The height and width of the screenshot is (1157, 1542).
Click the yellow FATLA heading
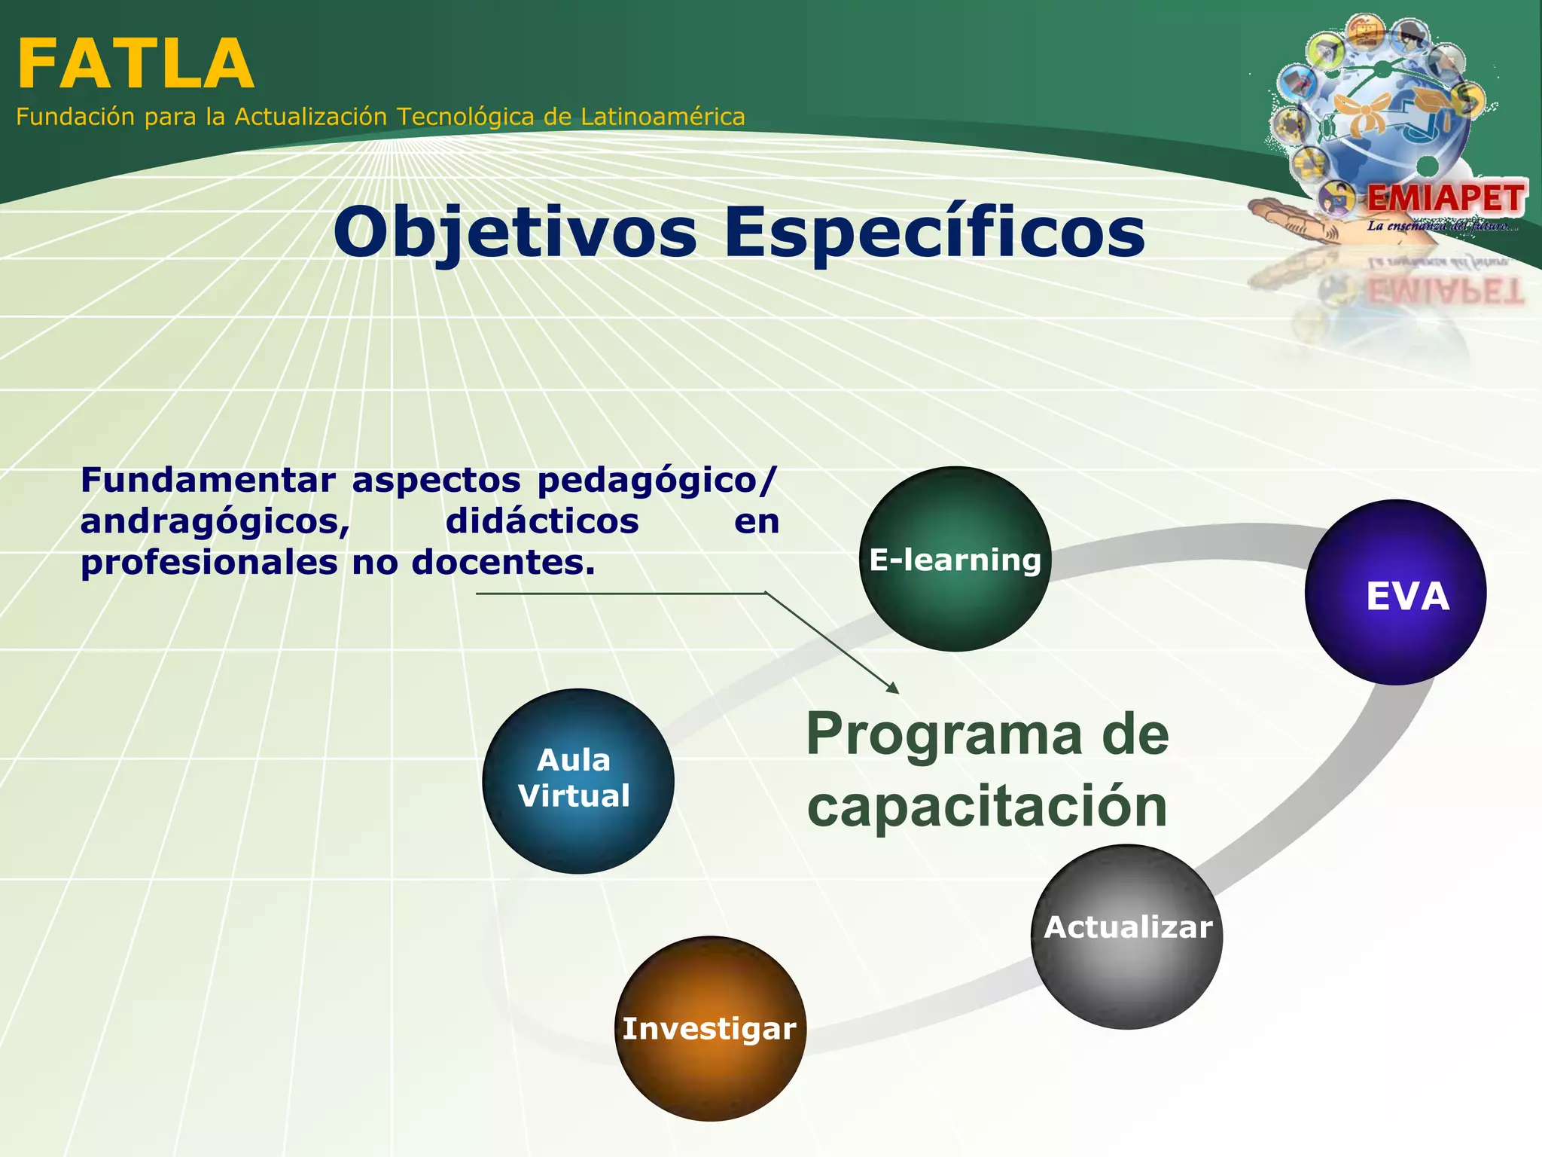coord(136,65)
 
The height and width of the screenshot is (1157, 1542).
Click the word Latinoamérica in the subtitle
coord(663,117)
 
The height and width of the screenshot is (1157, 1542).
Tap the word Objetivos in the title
coord(515,234)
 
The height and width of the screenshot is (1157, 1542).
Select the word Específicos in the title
coord(934,234)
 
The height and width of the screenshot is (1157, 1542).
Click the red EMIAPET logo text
coord(1446,199)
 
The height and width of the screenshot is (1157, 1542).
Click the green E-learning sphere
coord(955,559)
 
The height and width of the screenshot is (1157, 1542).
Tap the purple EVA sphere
coord(1395,593)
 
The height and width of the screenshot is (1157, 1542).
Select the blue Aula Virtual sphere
coord(577,781)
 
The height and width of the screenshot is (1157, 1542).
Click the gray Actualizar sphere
coord(1127,936)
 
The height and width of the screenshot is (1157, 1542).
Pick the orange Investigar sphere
coord(710,1028)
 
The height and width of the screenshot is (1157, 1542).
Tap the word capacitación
coord(986,806)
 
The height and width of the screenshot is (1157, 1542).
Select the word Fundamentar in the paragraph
coord(208,481)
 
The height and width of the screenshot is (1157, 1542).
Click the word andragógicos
coord(215,521)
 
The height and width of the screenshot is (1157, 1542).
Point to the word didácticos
coord(542,521)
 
